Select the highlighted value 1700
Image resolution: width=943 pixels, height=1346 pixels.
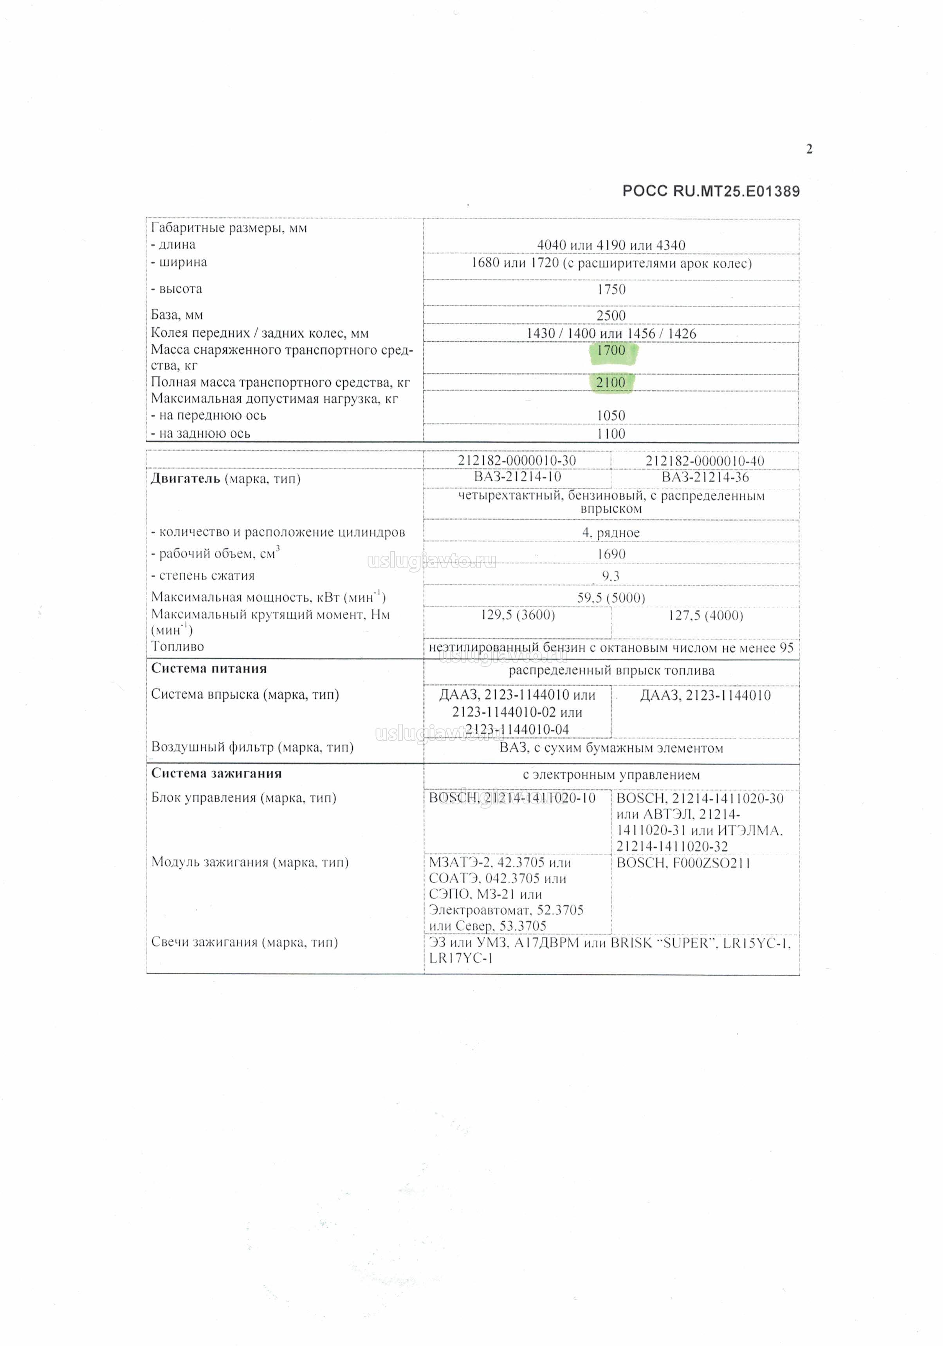(611, 351)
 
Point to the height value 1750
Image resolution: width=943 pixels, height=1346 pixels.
(611, 289)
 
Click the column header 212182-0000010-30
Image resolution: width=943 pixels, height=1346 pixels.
(517, 461)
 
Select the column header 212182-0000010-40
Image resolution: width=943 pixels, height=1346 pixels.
(705, 461)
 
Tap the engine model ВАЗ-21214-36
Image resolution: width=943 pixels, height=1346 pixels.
(705, 477)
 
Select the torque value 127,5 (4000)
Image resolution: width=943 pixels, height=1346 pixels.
(705, 616)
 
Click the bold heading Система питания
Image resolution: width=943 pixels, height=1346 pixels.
(209, 668)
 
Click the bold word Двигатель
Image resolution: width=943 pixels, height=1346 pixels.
(185, 479)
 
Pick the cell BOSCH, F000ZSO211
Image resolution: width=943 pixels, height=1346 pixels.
(683, 863)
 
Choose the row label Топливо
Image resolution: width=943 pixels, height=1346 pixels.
(178, 647)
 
